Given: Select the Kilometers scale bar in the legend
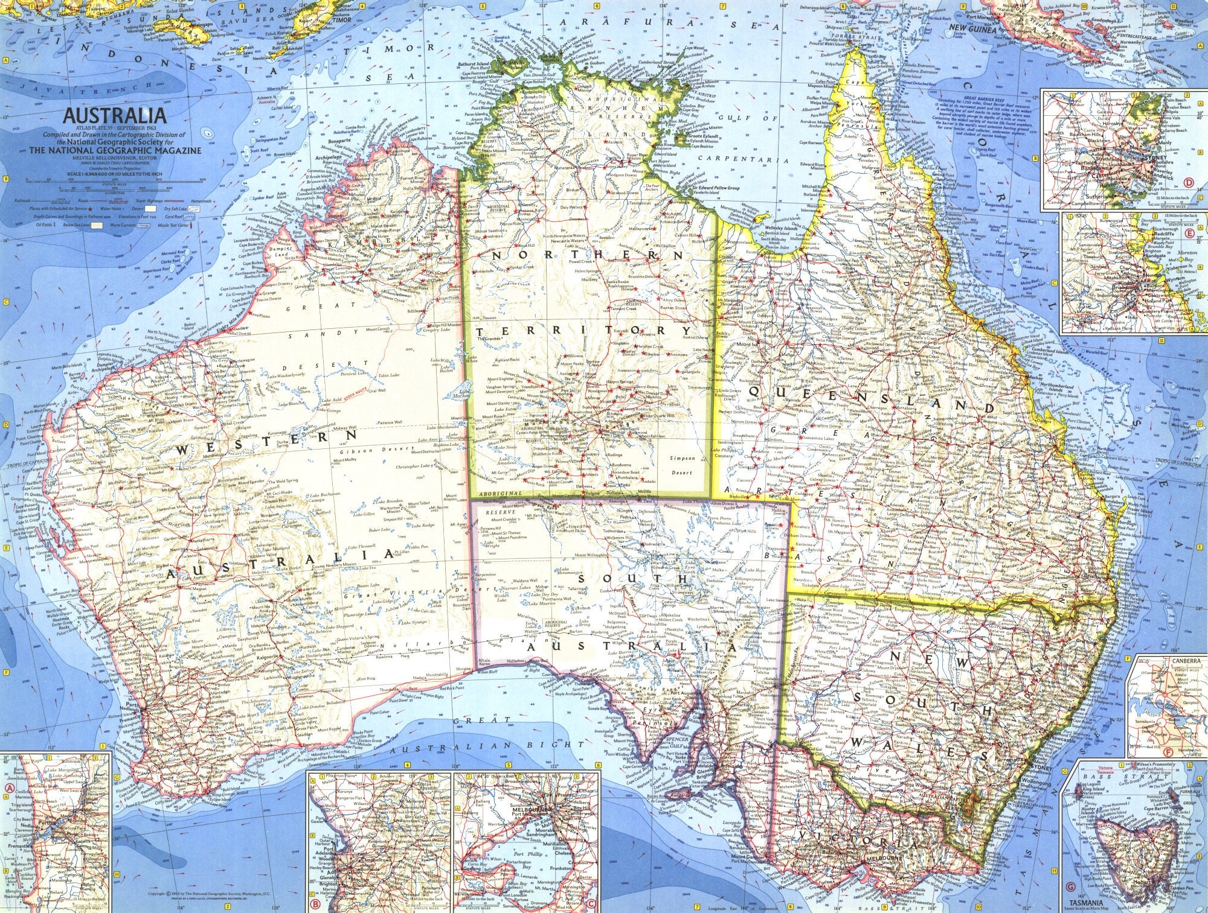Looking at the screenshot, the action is click(x=91, y=192).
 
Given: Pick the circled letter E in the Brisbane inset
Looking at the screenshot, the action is click(x=1172, y=234).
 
